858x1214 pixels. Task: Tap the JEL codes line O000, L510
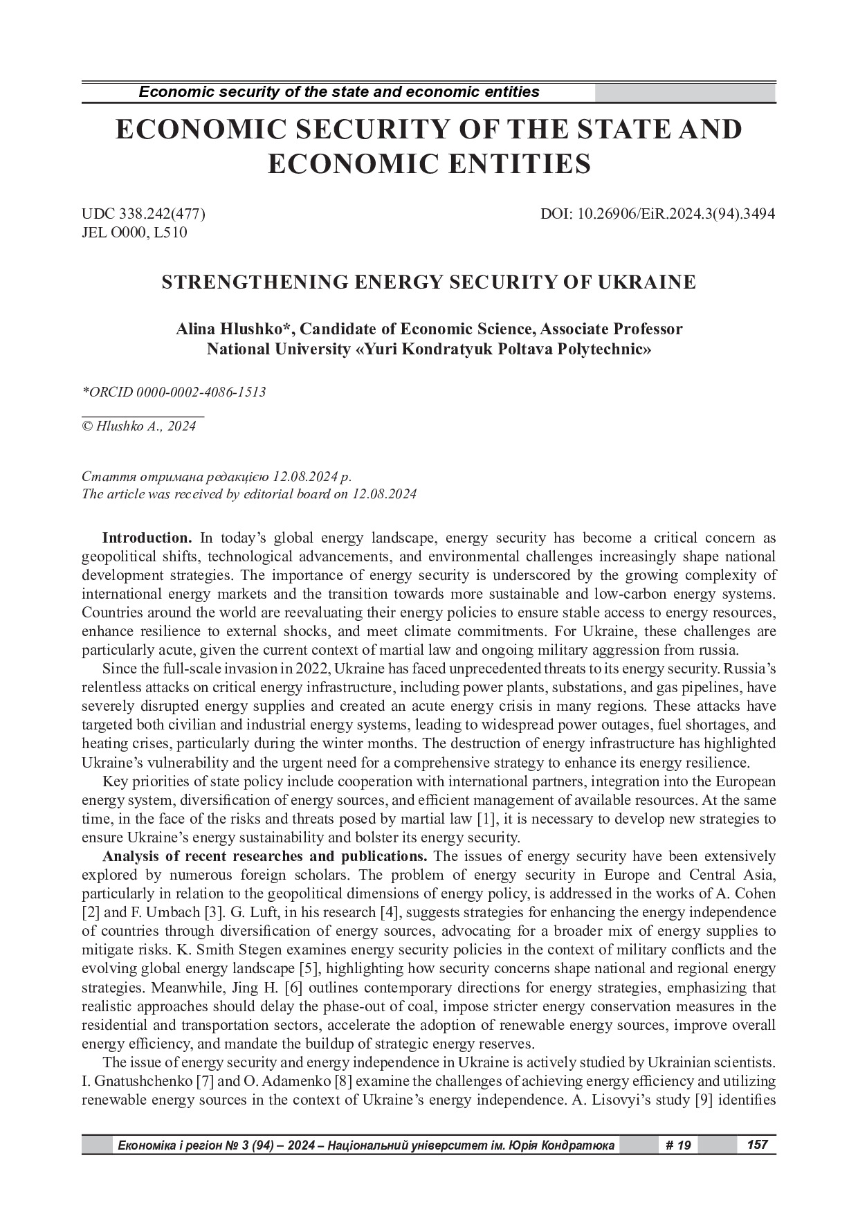134,233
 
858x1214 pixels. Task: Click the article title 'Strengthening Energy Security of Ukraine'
428,282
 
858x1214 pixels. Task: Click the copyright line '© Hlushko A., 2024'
139,426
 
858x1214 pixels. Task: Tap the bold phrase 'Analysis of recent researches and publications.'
265,856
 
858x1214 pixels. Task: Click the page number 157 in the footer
758,1145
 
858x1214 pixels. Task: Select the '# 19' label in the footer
678,1145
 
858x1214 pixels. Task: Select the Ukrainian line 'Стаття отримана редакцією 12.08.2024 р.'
217,478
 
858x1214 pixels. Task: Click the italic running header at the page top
339,92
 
